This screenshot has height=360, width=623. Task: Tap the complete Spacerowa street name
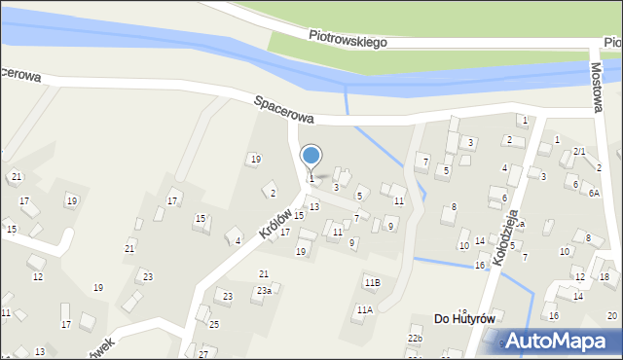point(284,108)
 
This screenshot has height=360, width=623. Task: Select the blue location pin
point(311,157)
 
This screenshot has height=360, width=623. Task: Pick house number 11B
point(372,283)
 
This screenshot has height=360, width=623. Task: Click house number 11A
point(364,310)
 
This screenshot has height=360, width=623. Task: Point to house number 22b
point(416,338)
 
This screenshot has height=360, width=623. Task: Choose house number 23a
point(264,290)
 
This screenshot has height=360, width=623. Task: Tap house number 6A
point(593,193)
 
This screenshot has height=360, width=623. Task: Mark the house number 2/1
point(579,152)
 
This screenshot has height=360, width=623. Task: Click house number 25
point(214,324)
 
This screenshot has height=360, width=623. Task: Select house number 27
point(203,352)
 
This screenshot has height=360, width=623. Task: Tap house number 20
point(611,316)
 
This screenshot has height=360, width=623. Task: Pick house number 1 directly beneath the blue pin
point(311,178)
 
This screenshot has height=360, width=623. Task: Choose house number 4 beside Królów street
point(238,240)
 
